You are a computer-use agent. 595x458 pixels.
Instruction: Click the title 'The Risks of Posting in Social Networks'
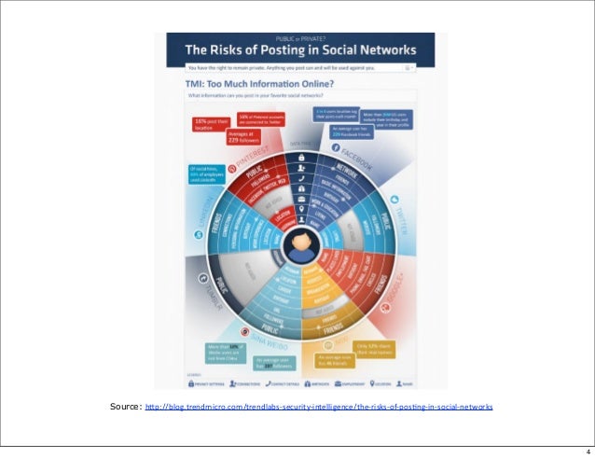point(299,51)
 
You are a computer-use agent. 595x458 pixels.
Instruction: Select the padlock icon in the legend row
point(190,382)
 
